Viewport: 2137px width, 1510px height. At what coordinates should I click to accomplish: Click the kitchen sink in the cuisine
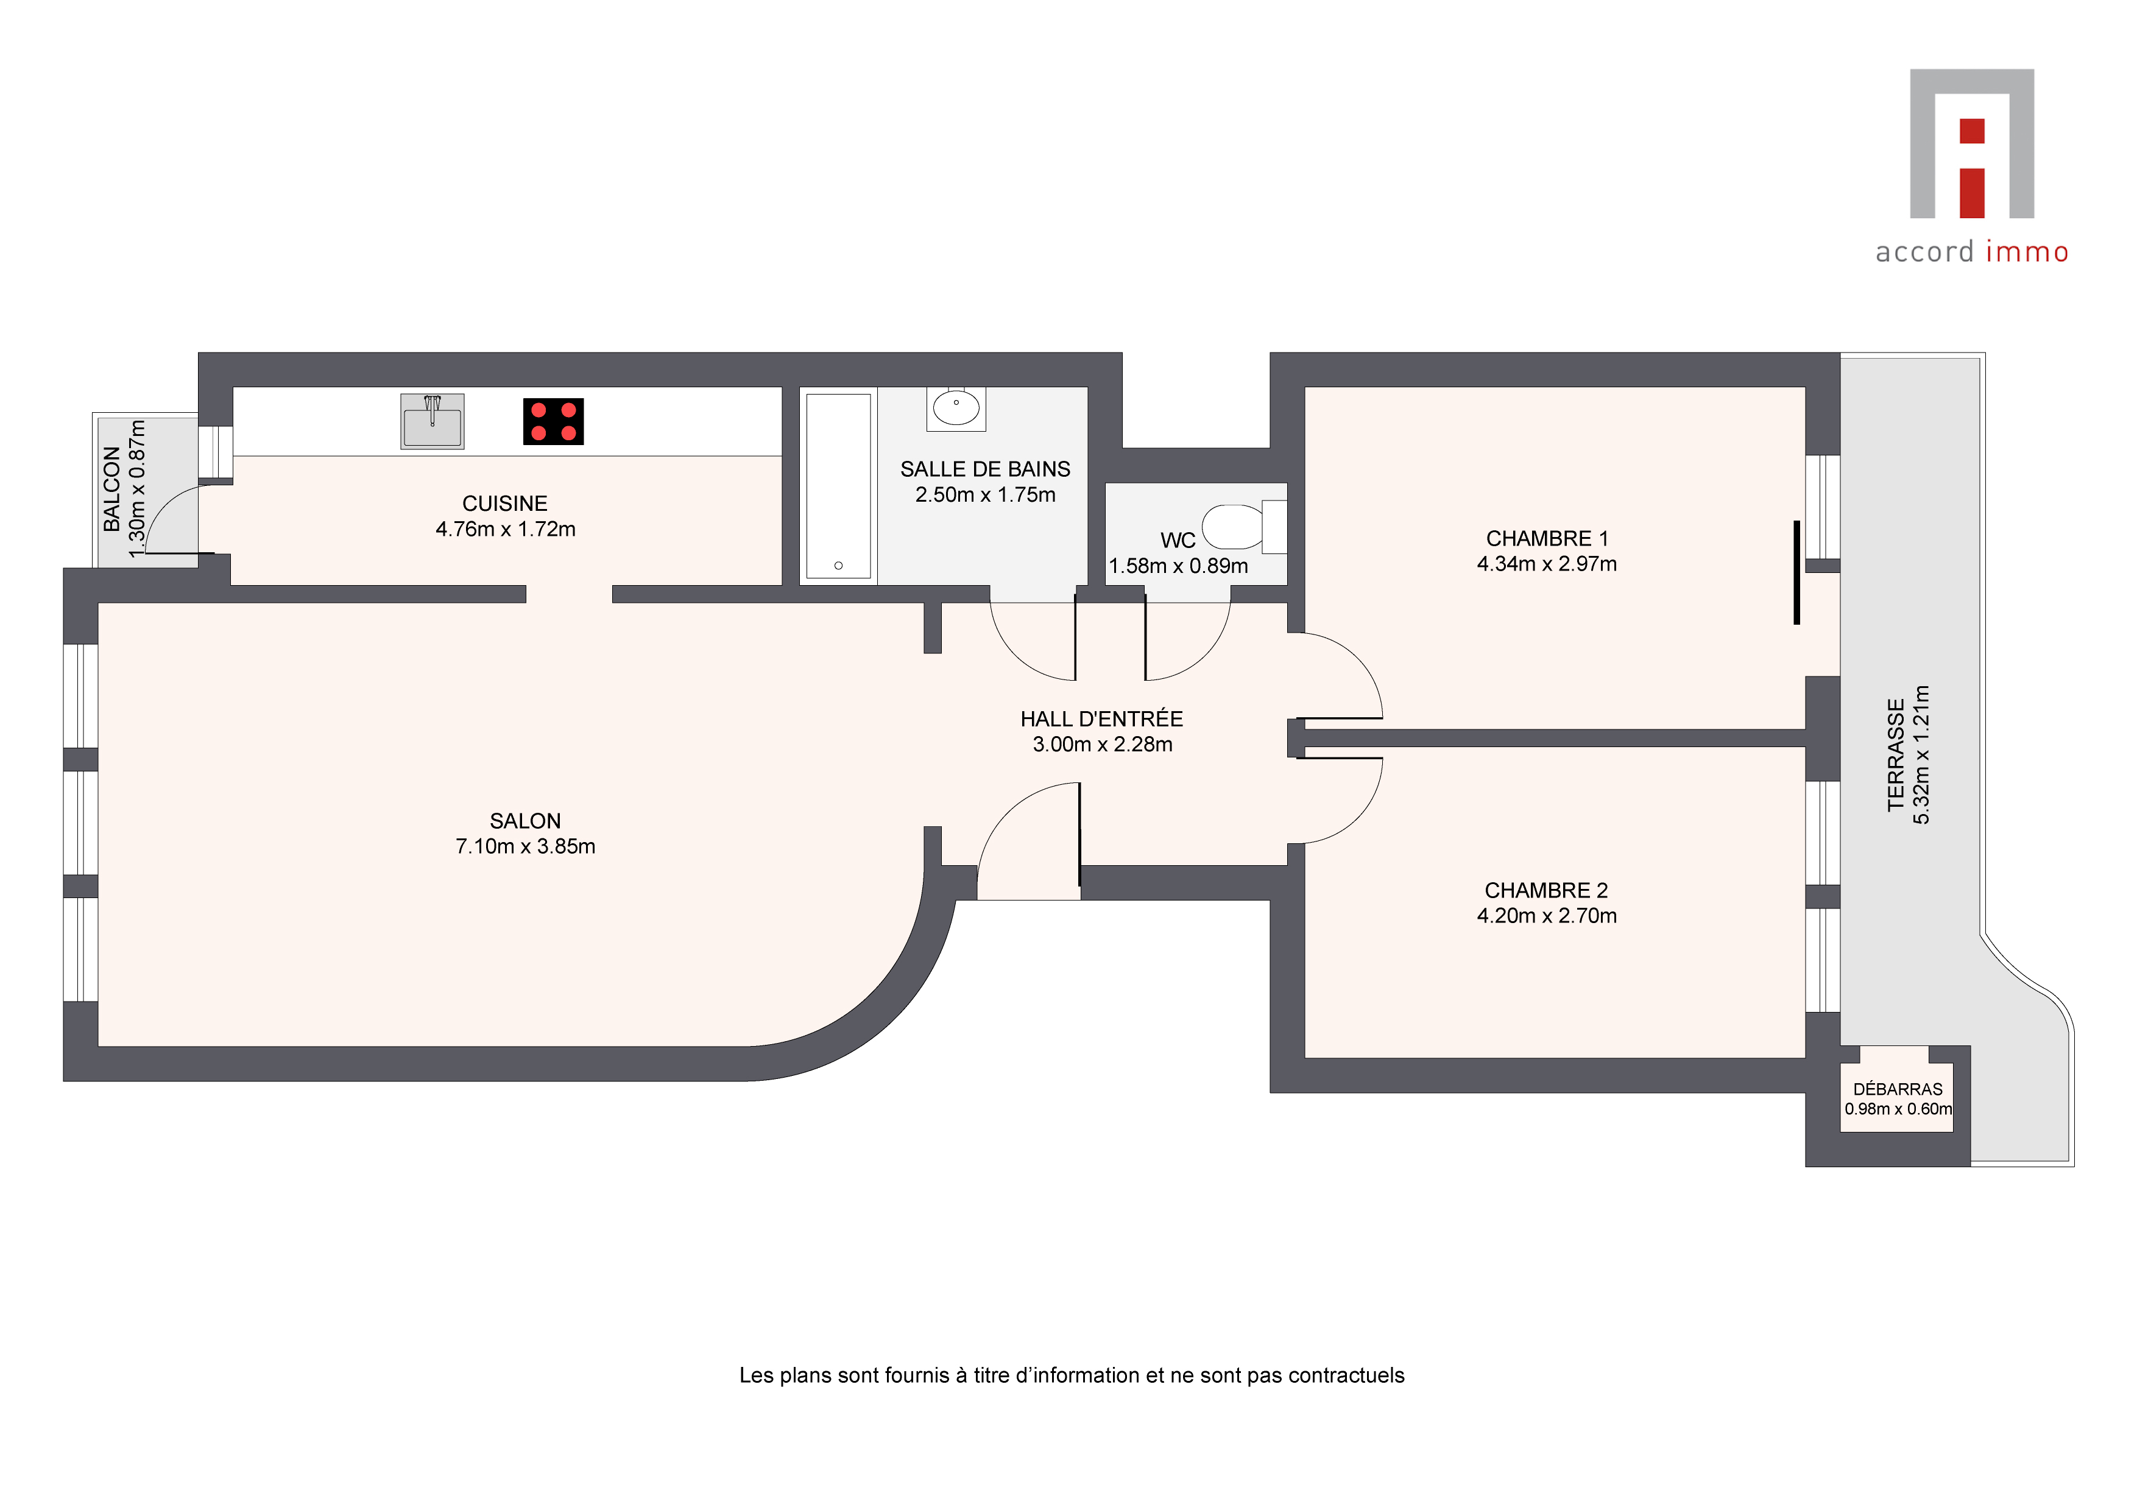tap(432, 421)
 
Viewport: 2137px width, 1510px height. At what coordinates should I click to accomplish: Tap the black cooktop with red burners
tap(553, 421)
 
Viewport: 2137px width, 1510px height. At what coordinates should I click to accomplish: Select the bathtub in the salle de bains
tap(838, 486)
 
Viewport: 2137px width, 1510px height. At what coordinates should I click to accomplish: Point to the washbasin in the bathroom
tap(956, 409)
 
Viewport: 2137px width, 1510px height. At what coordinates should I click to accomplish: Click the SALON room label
tap(525, 821)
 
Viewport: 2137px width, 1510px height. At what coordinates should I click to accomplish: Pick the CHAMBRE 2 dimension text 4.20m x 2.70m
tap(1547, 916)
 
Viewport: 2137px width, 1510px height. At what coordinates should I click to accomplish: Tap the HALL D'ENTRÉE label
tap(1102, 718)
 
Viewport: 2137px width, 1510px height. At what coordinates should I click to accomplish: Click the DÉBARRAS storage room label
tap(1898, 1089)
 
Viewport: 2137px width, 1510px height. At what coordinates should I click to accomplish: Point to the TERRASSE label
tap(1896, 754)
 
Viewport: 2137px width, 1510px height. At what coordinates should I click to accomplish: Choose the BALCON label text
tap(111, 488)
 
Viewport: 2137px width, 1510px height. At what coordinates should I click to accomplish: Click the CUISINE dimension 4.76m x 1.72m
tap(506, 528)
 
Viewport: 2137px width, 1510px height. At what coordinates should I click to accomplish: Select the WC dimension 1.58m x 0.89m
tap(1178, 566)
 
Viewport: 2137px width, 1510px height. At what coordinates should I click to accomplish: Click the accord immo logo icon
tap(1973, 143)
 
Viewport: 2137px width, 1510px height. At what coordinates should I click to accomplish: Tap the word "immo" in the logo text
tap(2027, 252)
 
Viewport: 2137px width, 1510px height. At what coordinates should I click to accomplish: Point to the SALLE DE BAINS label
tap(984, 469)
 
